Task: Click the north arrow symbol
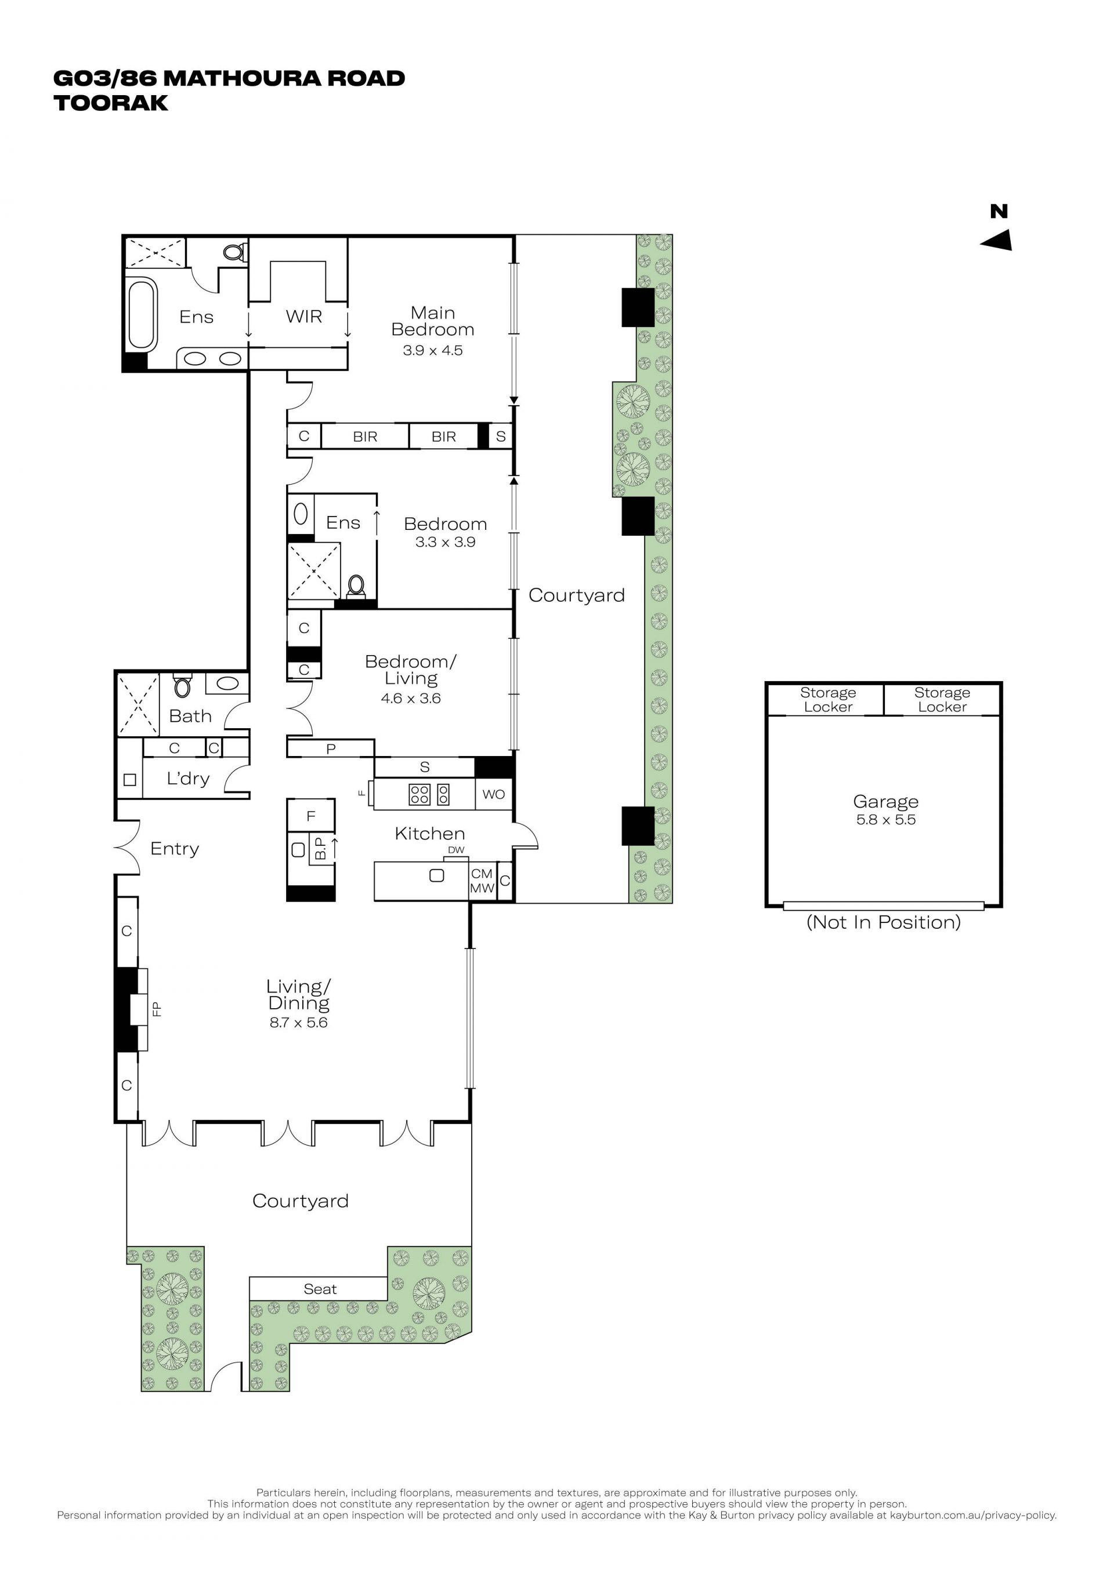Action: point(997,240)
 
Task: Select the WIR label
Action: point(304,316)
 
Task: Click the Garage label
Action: point(885,801)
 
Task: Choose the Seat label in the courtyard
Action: point(320,1289)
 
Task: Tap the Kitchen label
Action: point(430,834)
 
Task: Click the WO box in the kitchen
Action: point(494,794)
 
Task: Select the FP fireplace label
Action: point(157,1009)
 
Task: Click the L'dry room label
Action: point(188,778)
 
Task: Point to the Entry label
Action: point(175,849)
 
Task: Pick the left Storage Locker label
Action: point(828,699)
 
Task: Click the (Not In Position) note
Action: point(884,922)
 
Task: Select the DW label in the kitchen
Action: point(456,850)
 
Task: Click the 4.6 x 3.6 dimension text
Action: point(411,698)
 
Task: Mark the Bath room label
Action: point(190,716)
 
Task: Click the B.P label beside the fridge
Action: point(320,849)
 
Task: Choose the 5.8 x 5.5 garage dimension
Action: point(885,819)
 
